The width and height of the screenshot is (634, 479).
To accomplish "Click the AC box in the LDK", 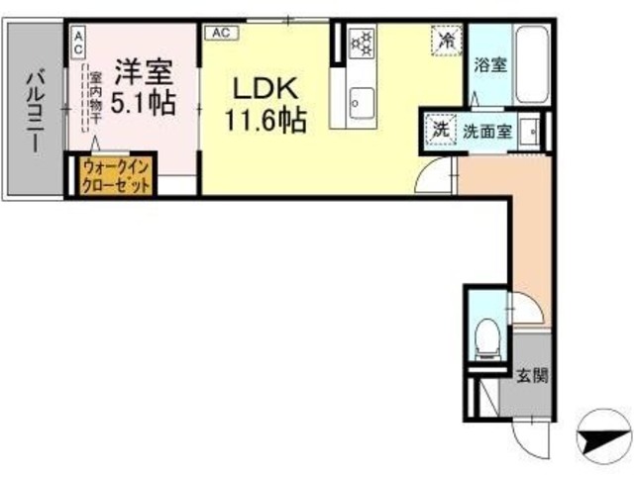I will [x=219, y=32].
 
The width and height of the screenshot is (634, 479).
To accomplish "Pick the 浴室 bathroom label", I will [x=490, y=65].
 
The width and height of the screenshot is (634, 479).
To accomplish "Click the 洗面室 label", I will [x=490, y=131].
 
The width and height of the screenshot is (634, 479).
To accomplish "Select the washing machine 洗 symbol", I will [x=438, y=129].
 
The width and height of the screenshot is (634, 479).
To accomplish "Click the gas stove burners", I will [x=362, y=44].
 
